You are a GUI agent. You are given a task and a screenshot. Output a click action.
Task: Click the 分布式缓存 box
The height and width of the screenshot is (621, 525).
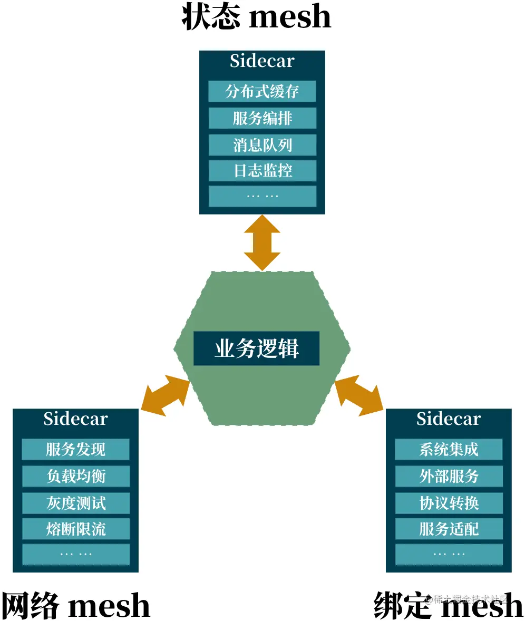262,91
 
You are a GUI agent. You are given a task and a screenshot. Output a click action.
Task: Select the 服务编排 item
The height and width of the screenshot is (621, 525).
262,118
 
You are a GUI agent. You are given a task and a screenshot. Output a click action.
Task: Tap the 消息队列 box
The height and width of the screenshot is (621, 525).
262,144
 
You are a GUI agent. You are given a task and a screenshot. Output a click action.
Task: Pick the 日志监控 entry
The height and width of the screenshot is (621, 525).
262,170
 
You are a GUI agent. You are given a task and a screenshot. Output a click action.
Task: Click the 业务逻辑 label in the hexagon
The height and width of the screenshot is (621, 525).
256,348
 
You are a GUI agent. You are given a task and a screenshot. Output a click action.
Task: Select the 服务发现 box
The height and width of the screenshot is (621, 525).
75,450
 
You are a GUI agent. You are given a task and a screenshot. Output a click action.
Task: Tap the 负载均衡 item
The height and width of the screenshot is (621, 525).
75,476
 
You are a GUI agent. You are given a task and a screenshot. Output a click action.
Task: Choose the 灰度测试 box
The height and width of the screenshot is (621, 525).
75,502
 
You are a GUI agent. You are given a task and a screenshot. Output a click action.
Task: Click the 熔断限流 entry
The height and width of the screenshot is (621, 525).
75,528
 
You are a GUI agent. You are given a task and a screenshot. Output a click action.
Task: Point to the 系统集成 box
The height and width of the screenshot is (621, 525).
449,450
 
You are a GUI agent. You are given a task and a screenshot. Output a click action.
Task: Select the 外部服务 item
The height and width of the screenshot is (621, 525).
449,476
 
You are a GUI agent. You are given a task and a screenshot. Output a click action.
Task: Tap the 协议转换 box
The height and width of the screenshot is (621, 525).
449,502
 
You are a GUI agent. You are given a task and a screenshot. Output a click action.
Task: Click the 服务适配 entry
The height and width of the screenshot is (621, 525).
449,528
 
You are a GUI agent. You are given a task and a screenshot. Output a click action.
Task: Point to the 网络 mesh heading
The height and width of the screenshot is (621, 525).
75,605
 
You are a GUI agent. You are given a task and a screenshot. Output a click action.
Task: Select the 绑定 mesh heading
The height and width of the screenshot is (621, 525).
448,605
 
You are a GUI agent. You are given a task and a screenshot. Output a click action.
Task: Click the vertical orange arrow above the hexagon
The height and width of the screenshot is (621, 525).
262,242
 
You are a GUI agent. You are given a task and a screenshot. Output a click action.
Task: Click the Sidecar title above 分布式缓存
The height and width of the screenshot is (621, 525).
262,61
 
